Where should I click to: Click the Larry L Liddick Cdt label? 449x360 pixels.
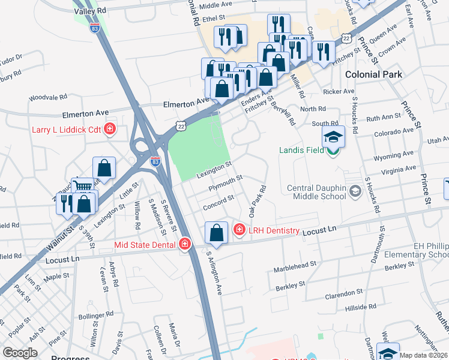67,130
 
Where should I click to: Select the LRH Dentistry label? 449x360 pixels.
274,231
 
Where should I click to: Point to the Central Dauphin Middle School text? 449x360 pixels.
316,191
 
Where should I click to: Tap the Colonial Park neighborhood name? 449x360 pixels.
372,74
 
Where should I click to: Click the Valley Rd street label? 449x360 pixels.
90,11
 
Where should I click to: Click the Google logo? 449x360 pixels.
20,353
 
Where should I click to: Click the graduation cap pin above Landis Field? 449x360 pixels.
334,137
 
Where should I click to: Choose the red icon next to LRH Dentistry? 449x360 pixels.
239,229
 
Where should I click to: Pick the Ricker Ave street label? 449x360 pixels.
339,91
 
